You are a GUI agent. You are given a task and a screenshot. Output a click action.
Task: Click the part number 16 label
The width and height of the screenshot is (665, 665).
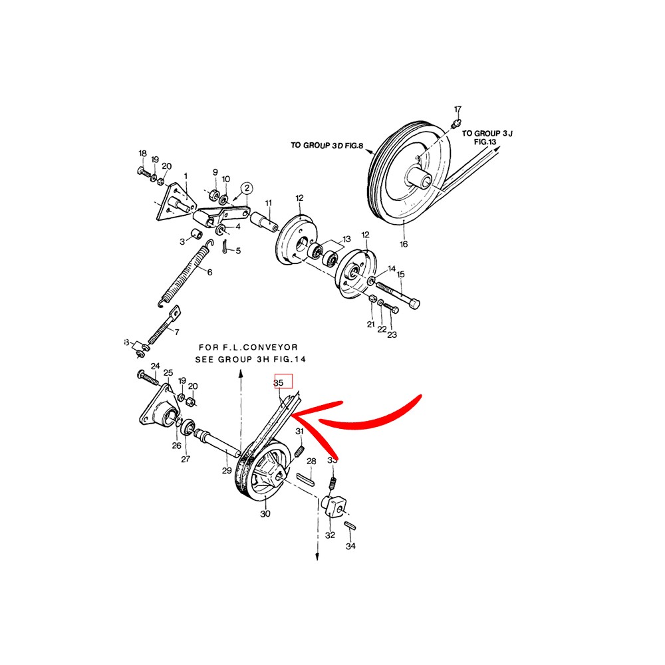pyautogui.click(x=403, y=245)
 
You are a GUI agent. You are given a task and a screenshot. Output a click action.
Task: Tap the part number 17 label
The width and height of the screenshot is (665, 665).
pyautogui.click(x=458, y=109)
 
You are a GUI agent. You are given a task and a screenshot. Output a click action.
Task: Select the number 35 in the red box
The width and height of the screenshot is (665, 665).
pyautogui.click(x=279, y=383)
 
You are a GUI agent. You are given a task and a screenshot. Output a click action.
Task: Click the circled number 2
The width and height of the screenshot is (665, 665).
pyautogui.click(x=247, y=189)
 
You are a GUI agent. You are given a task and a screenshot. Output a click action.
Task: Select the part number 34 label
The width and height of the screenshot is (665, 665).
pyautogui.click(x=350, y=547)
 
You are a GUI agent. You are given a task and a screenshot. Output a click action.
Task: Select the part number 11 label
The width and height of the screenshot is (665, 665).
pyautogui.click(x=269, y=203)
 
